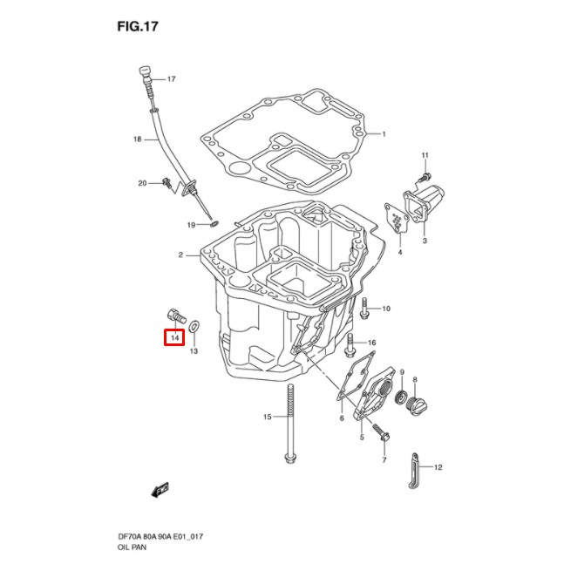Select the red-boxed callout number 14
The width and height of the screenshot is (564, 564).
pos(174,336)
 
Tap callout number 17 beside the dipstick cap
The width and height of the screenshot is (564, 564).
pos(171,79)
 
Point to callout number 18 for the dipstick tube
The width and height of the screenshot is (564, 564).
pos(137,139)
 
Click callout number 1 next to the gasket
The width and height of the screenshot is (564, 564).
pos(382,133)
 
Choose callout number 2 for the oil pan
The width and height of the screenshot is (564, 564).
pos(180,255)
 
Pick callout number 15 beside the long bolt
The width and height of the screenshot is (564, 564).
pos(268,418)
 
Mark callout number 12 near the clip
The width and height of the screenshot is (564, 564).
pos(438,467)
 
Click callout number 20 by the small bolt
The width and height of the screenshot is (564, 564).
pos(142,182)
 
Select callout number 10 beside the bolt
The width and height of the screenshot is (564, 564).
pos(386,309)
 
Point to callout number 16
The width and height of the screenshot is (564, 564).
pos(371,343)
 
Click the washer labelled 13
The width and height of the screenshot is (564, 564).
pos(194,326)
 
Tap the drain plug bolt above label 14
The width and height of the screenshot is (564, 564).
pos(173,314)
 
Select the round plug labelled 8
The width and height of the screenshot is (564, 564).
pos(418,406)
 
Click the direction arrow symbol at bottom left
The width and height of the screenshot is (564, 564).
pos(160,490)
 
